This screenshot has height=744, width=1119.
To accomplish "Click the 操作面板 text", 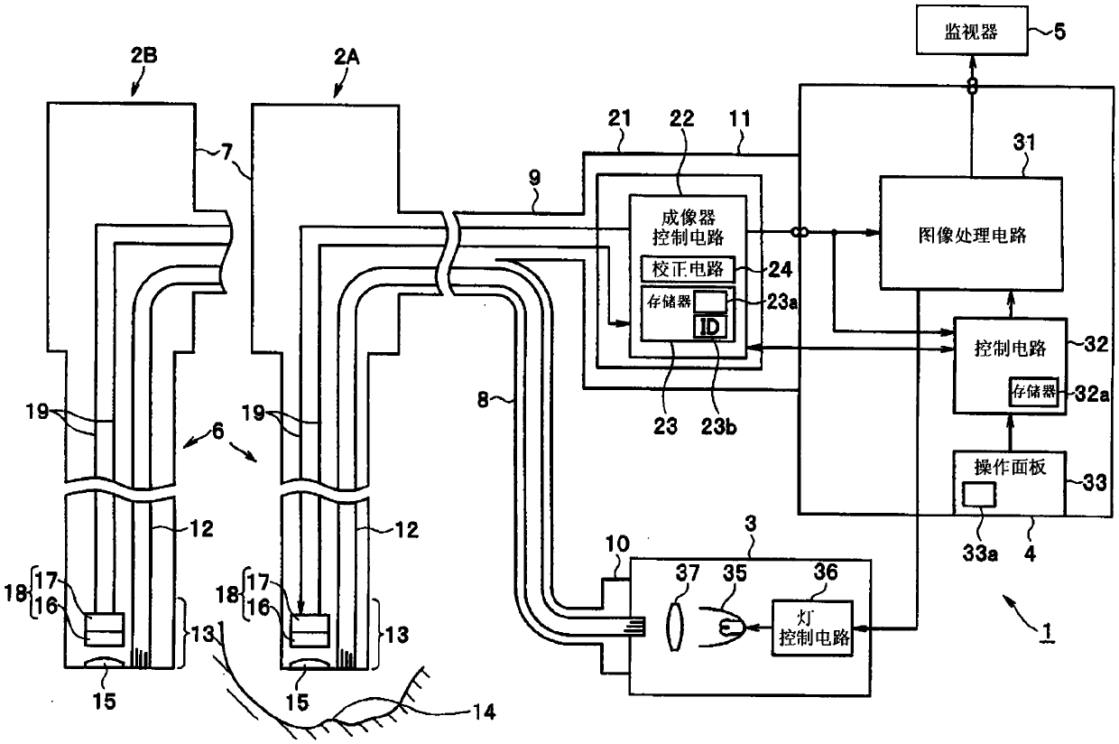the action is point(1010,467).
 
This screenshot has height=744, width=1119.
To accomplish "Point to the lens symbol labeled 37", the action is point(675,627).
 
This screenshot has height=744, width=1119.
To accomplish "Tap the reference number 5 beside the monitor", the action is point(1059,32).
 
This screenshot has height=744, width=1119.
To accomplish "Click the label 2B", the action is point(143,55).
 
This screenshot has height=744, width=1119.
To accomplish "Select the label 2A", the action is point(347,57).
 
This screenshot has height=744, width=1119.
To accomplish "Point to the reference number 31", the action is point(1024,143).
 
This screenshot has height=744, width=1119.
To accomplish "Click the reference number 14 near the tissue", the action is point(484,711).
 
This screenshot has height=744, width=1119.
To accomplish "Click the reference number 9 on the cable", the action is point(534,177).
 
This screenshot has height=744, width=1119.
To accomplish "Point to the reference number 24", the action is point(780,269).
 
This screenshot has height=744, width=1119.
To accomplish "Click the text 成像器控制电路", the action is point(688,228).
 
